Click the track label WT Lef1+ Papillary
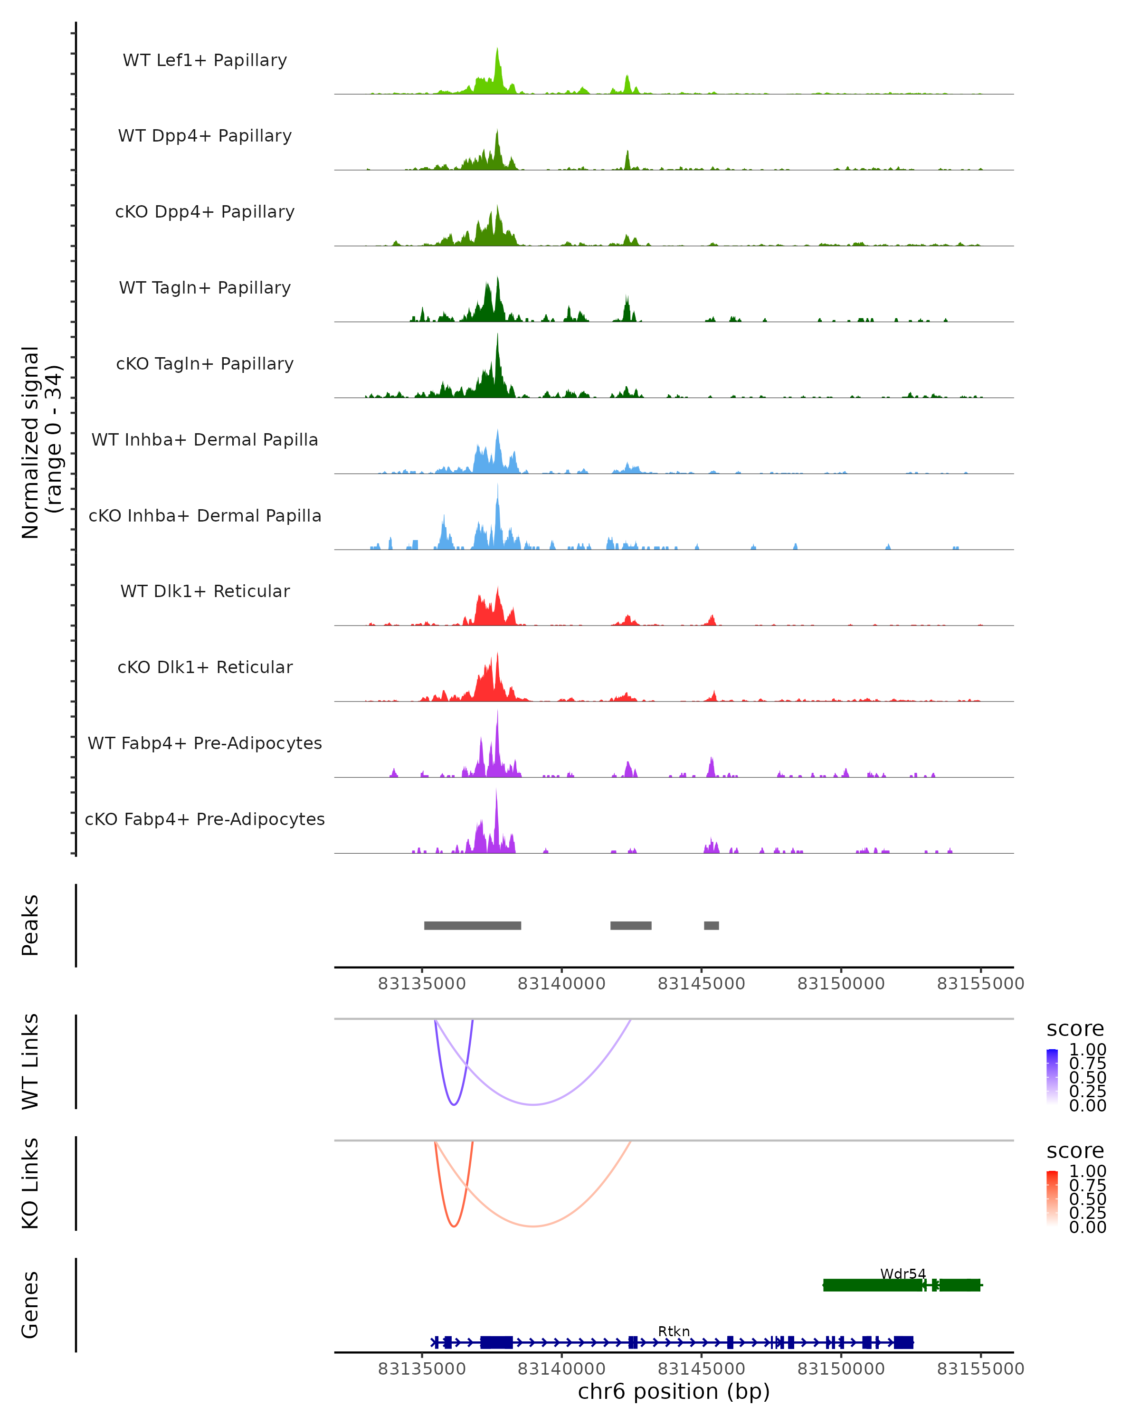point(205,60)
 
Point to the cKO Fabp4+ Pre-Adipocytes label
point(205,819)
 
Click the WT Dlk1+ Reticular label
point(205,591)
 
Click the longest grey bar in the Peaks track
point(473,925)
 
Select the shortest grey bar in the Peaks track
point(711,925)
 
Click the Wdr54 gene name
point(903,1273)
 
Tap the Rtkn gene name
point(674,1331)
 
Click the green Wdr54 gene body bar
point(873,1285)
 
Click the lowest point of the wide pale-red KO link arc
point(532,1226)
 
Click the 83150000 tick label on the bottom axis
point(841,1369)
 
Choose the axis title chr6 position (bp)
point(674,1392)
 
